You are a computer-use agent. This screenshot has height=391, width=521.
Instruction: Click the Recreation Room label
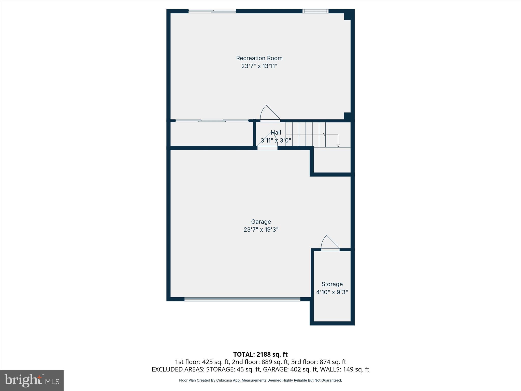(259, 58)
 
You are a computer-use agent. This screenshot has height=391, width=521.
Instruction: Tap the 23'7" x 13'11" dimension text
(259, 66)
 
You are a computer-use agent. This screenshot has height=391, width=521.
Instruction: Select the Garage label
(261, 222)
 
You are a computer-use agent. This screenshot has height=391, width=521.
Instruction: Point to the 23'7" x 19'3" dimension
(261, 230)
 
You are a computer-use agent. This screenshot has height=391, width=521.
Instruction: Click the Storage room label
(332, 284)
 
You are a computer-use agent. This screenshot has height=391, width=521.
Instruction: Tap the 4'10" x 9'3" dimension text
(332, 292)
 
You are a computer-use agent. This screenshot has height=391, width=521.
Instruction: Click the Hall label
(276, 132)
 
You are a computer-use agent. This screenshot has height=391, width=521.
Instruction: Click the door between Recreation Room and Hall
(270, 114)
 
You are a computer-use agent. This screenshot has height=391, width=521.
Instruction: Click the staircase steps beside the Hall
(305, 134)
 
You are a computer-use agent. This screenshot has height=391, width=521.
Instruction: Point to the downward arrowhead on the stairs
(338, 146)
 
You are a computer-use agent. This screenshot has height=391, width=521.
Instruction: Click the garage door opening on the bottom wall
(242, 300)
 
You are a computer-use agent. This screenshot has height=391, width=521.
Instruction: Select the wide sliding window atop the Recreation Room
(212, 11)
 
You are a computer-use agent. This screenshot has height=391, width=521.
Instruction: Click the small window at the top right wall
(315, 11)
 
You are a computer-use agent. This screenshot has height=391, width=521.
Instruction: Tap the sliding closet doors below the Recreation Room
(212, 121)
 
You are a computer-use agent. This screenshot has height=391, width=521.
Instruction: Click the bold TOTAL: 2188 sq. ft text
(260, 354)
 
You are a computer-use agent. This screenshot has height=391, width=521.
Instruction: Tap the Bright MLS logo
(32, 381)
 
